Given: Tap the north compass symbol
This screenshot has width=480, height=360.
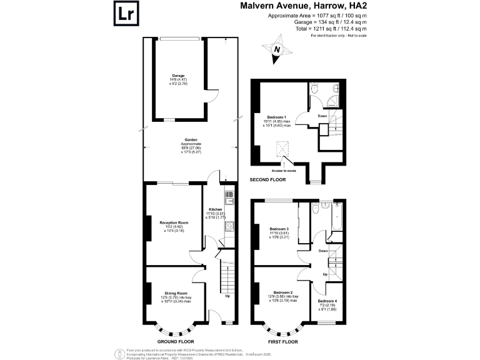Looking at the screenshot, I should click(x=277, y=49).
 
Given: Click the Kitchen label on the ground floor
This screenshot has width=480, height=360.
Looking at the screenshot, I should click(x=215, y=209).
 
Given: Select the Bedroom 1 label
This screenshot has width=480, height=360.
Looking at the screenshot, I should click(x=276, y=117).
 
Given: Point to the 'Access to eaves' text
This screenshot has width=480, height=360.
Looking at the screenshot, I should click(x=284, y=170).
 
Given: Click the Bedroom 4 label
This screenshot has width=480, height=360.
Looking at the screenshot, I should click(x=328, y=301).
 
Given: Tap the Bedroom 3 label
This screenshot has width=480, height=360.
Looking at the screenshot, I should click(x=278, y=229).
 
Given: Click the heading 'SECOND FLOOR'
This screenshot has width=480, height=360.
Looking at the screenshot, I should click(x=267, y=179).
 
